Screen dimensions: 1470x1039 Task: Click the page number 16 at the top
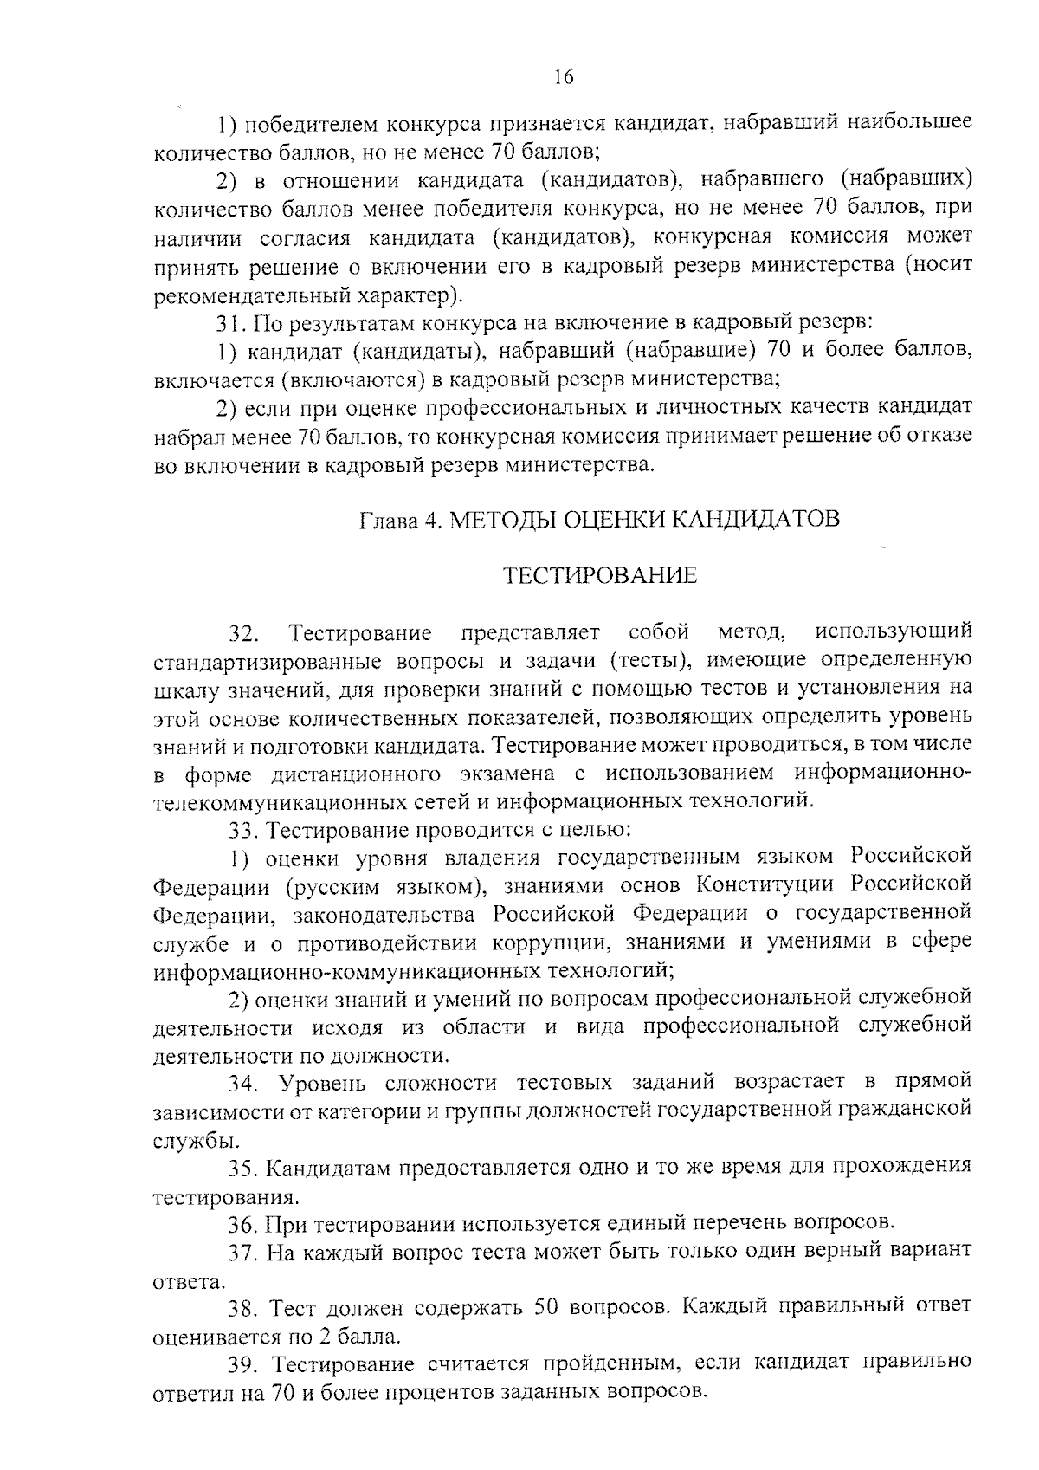coord(563,77)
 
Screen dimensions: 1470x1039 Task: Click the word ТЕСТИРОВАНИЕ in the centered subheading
coord(601,576)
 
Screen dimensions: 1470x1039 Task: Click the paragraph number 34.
coord(244,1084)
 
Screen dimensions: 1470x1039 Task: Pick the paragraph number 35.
coord(244,1168)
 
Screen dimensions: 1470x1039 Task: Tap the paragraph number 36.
coord(244,1224)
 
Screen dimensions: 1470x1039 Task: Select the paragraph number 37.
coord(244,1252)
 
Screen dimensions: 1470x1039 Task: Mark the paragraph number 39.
coord(244,1364)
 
